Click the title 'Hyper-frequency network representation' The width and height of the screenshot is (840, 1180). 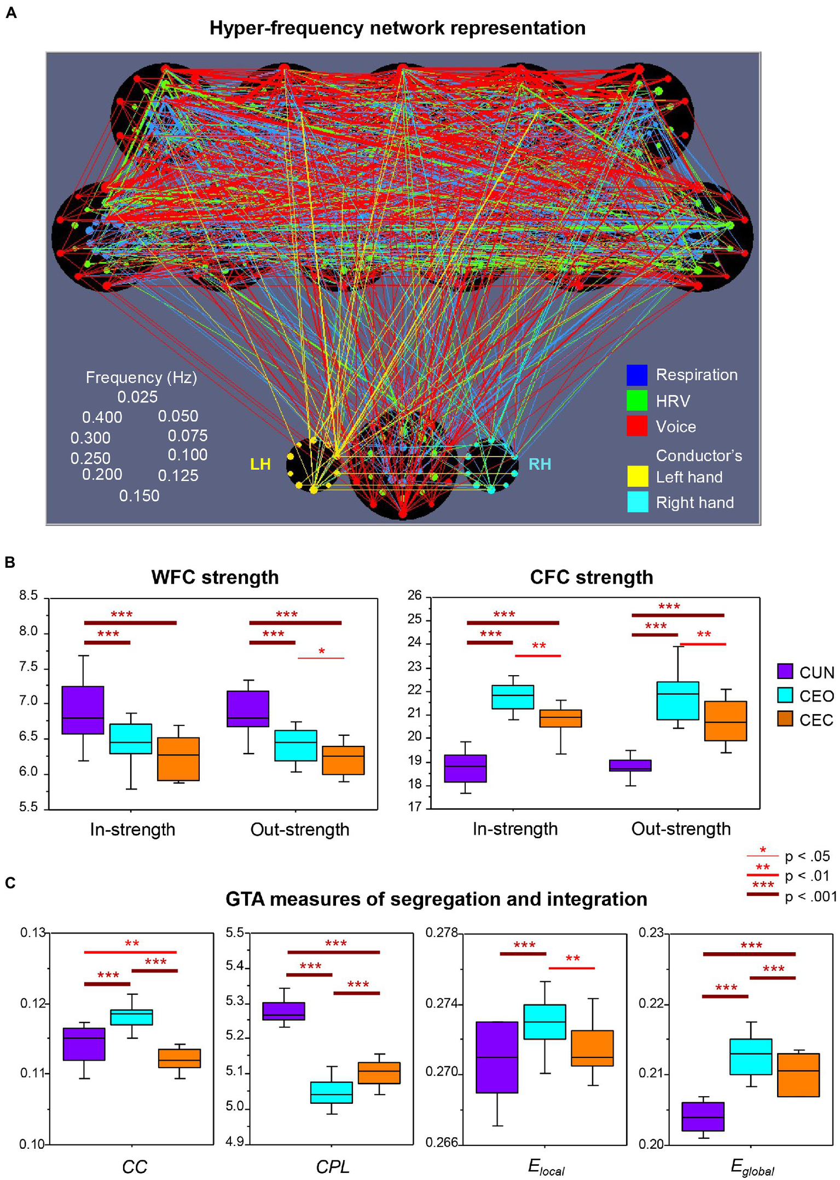click(397, 28)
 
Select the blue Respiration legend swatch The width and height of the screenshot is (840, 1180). click(637, 375)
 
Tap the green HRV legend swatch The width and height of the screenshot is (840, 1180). click(637, 400)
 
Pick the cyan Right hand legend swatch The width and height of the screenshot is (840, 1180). click(638, 502)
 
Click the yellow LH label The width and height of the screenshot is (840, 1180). click(260, 464)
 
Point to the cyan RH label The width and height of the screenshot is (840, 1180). click(540, 464)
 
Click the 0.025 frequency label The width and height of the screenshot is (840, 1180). click(137, 397)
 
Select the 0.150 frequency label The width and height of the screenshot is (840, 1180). click(140, 496)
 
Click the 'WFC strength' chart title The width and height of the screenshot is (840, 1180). click(215, 577)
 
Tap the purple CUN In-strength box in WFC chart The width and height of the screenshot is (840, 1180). click(83, 710)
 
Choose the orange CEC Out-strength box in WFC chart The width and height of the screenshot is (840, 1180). click(343, 760)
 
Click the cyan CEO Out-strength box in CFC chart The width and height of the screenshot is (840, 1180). click(677, 700)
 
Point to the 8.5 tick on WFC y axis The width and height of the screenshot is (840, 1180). click(28, 596)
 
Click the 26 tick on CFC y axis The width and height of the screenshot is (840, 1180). click(415, 596)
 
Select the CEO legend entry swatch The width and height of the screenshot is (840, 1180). click(785, 695)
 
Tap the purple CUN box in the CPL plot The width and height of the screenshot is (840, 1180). click(283, 1011)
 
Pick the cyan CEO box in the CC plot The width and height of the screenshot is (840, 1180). click(131, 1017)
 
